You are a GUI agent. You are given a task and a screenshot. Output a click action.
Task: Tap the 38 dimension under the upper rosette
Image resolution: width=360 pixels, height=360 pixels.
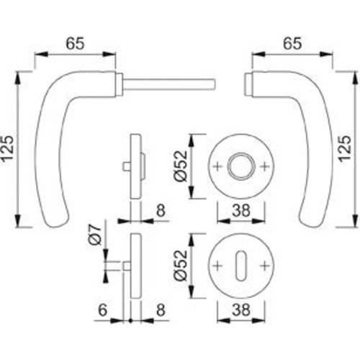coord(241,212)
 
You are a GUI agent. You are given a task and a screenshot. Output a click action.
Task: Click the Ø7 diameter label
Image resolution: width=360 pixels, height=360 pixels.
coord(94,237)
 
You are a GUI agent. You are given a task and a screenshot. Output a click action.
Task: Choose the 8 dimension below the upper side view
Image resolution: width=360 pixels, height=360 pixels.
coord(159,211)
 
